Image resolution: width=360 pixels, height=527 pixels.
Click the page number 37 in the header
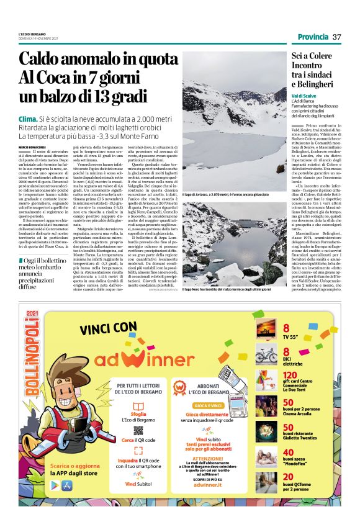(337, 37)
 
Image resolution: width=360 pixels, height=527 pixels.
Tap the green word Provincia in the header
(313, 37)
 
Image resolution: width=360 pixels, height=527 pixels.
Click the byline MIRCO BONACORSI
(31, 146)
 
